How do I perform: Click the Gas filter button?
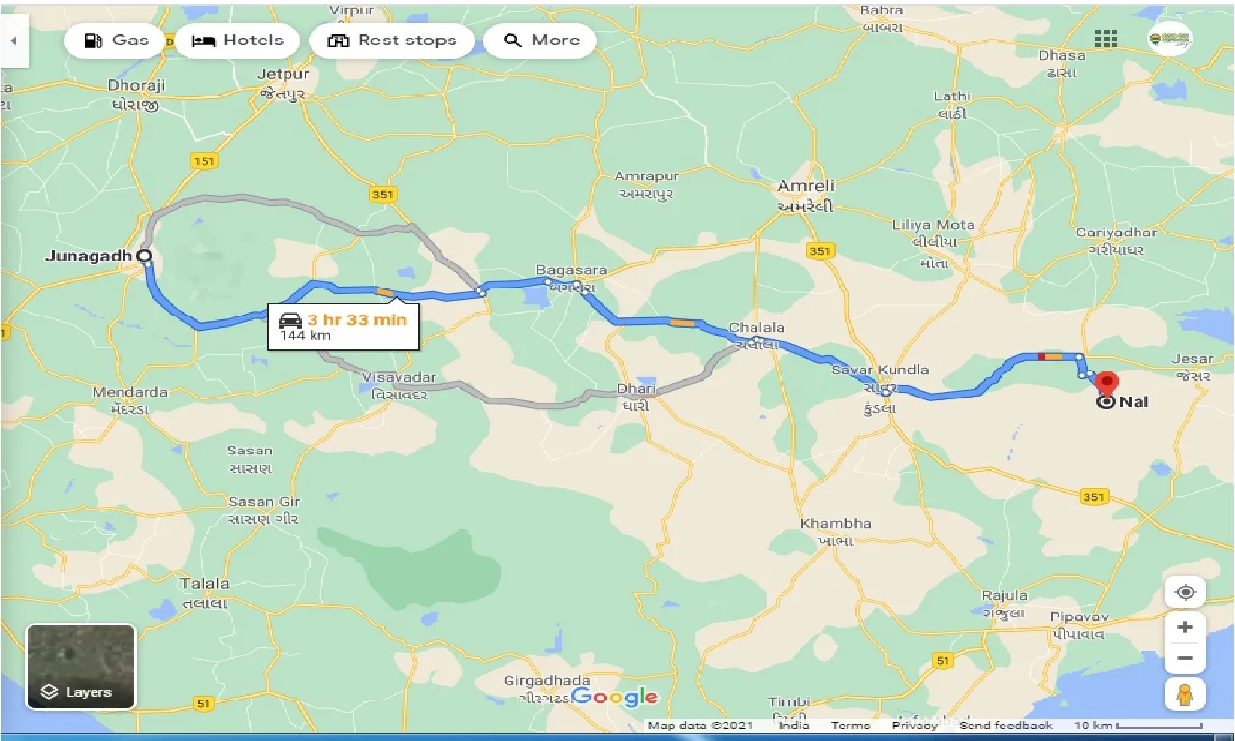pos(116,41)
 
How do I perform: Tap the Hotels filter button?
pos(237,41)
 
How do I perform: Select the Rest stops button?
pos(391,41)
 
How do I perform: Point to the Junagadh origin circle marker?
pos(144,256)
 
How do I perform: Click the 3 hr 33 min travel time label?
pos(357,320)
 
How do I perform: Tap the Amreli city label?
pos(806,185)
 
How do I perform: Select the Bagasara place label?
pos(572,270)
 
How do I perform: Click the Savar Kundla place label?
pos(880,370)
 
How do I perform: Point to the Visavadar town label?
pos(399,377)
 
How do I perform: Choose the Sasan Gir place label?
pos(264,502)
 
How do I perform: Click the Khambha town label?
pos(835,524)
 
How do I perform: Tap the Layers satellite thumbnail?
pos(81,667)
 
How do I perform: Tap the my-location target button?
pos(1185,591)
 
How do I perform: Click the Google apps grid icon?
pos(1106,39)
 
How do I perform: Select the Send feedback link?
pos(1005,726)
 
